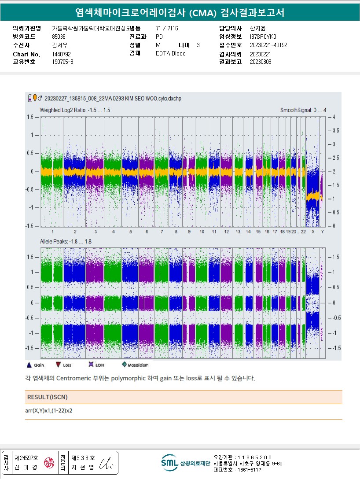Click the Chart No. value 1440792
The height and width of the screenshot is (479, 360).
point(61,54)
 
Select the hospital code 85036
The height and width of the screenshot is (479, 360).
point(59,37)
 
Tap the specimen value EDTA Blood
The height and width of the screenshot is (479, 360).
point(171,54)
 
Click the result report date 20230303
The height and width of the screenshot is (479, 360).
point(261,62)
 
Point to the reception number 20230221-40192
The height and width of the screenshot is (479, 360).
point(268,45)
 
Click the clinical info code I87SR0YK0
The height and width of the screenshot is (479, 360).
point(263,37)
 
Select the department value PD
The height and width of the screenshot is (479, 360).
point(159,37)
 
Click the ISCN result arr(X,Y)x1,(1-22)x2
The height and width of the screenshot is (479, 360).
point(49,411)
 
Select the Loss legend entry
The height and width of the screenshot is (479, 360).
point(64,365)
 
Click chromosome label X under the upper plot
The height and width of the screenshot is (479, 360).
point(313,232)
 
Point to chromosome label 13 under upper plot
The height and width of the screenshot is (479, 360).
point(238,232)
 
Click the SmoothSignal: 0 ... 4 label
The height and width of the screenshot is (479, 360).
point(303,110)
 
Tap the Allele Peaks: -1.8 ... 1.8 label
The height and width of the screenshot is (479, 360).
point(66,242)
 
